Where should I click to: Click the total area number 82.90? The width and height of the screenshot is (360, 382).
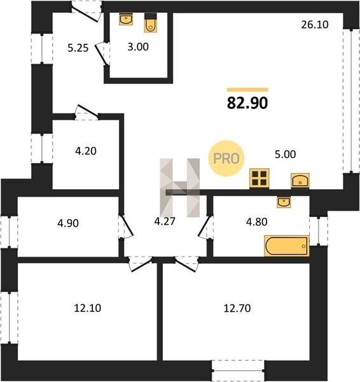[x=247, y=103]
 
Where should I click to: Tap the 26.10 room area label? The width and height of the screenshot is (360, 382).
[x=315, y=25]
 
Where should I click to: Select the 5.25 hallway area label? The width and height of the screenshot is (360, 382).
[x=78, y=48]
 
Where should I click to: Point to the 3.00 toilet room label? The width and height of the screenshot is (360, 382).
[x=138, y=46]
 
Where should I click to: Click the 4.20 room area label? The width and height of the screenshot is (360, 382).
[x=86, y=151]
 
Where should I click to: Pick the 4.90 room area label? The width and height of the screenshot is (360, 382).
[x=68, y=223]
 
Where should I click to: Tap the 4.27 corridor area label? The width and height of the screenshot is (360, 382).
[x=165, y=221]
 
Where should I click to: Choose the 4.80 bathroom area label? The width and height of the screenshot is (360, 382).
[x=257, y=222]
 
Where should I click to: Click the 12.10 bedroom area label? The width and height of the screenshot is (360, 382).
[x=88, y=308]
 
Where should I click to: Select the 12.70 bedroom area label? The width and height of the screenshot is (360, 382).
[x=237, y=308]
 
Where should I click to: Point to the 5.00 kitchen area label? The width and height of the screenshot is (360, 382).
[x=286, y=154]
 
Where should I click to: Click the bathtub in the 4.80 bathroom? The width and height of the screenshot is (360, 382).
[x=287, y=246]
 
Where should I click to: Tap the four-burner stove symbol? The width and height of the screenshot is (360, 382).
[x=260, y=178]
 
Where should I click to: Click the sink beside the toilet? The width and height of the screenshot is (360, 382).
[x=126, y=19]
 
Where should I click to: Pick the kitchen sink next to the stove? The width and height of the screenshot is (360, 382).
[x=300, y=181]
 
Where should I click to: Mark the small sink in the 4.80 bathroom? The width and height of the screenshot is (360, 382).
[x=284, y=202]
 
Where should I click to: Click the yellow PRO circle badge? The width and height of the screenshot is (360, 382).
[x=226, y=159]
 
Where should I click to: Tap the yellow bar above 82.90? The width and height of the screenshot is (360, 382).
[x=247, y=90]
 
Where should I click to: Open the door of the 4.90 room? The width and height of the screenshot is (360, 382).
[x=127, y=225]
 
